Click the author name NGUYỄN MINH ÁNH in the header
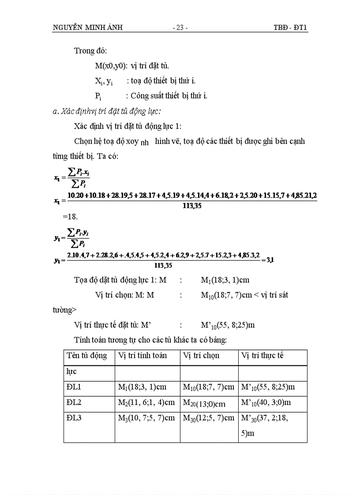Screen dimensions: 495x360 click(x=87, y=28)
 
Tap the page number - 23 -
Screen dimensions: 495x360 click(x=180, y=28)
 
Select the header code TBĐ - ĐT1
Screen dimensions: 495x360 click(x=290, y=28)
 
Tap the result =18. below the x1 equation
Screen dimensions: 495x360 click(x=69, y=217)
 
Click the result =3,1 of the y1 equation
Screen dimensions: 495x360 click(x=267, y=260)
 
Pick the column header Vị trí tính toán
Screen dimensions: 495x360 click(x=142, y=356)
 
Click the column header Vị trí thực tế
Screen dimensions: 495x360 click(x=262, y=356)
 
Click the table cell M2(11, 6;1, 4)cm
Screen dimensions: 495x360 click(x=146, y=403)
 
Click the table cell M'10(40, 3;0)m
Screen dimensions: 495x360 click(x=266, y=403)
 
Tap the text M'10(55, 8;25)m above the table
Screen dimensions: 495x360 click(x=228, y=326)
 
